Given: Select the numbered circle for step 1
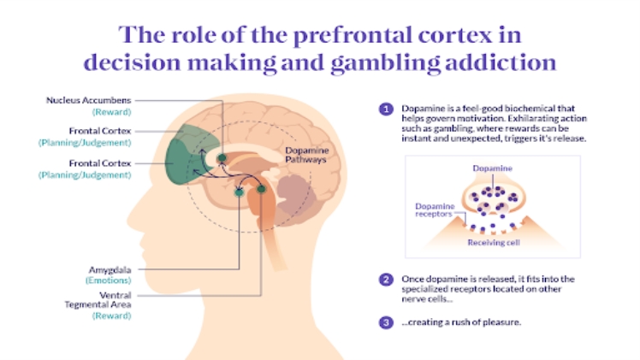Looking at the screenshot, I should click(x=386, y=109).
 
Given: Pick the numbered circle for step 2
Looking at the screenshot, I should click(x=386, y=279).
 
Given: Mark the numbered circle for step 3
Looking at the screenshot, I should click(x=386, y=321).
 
